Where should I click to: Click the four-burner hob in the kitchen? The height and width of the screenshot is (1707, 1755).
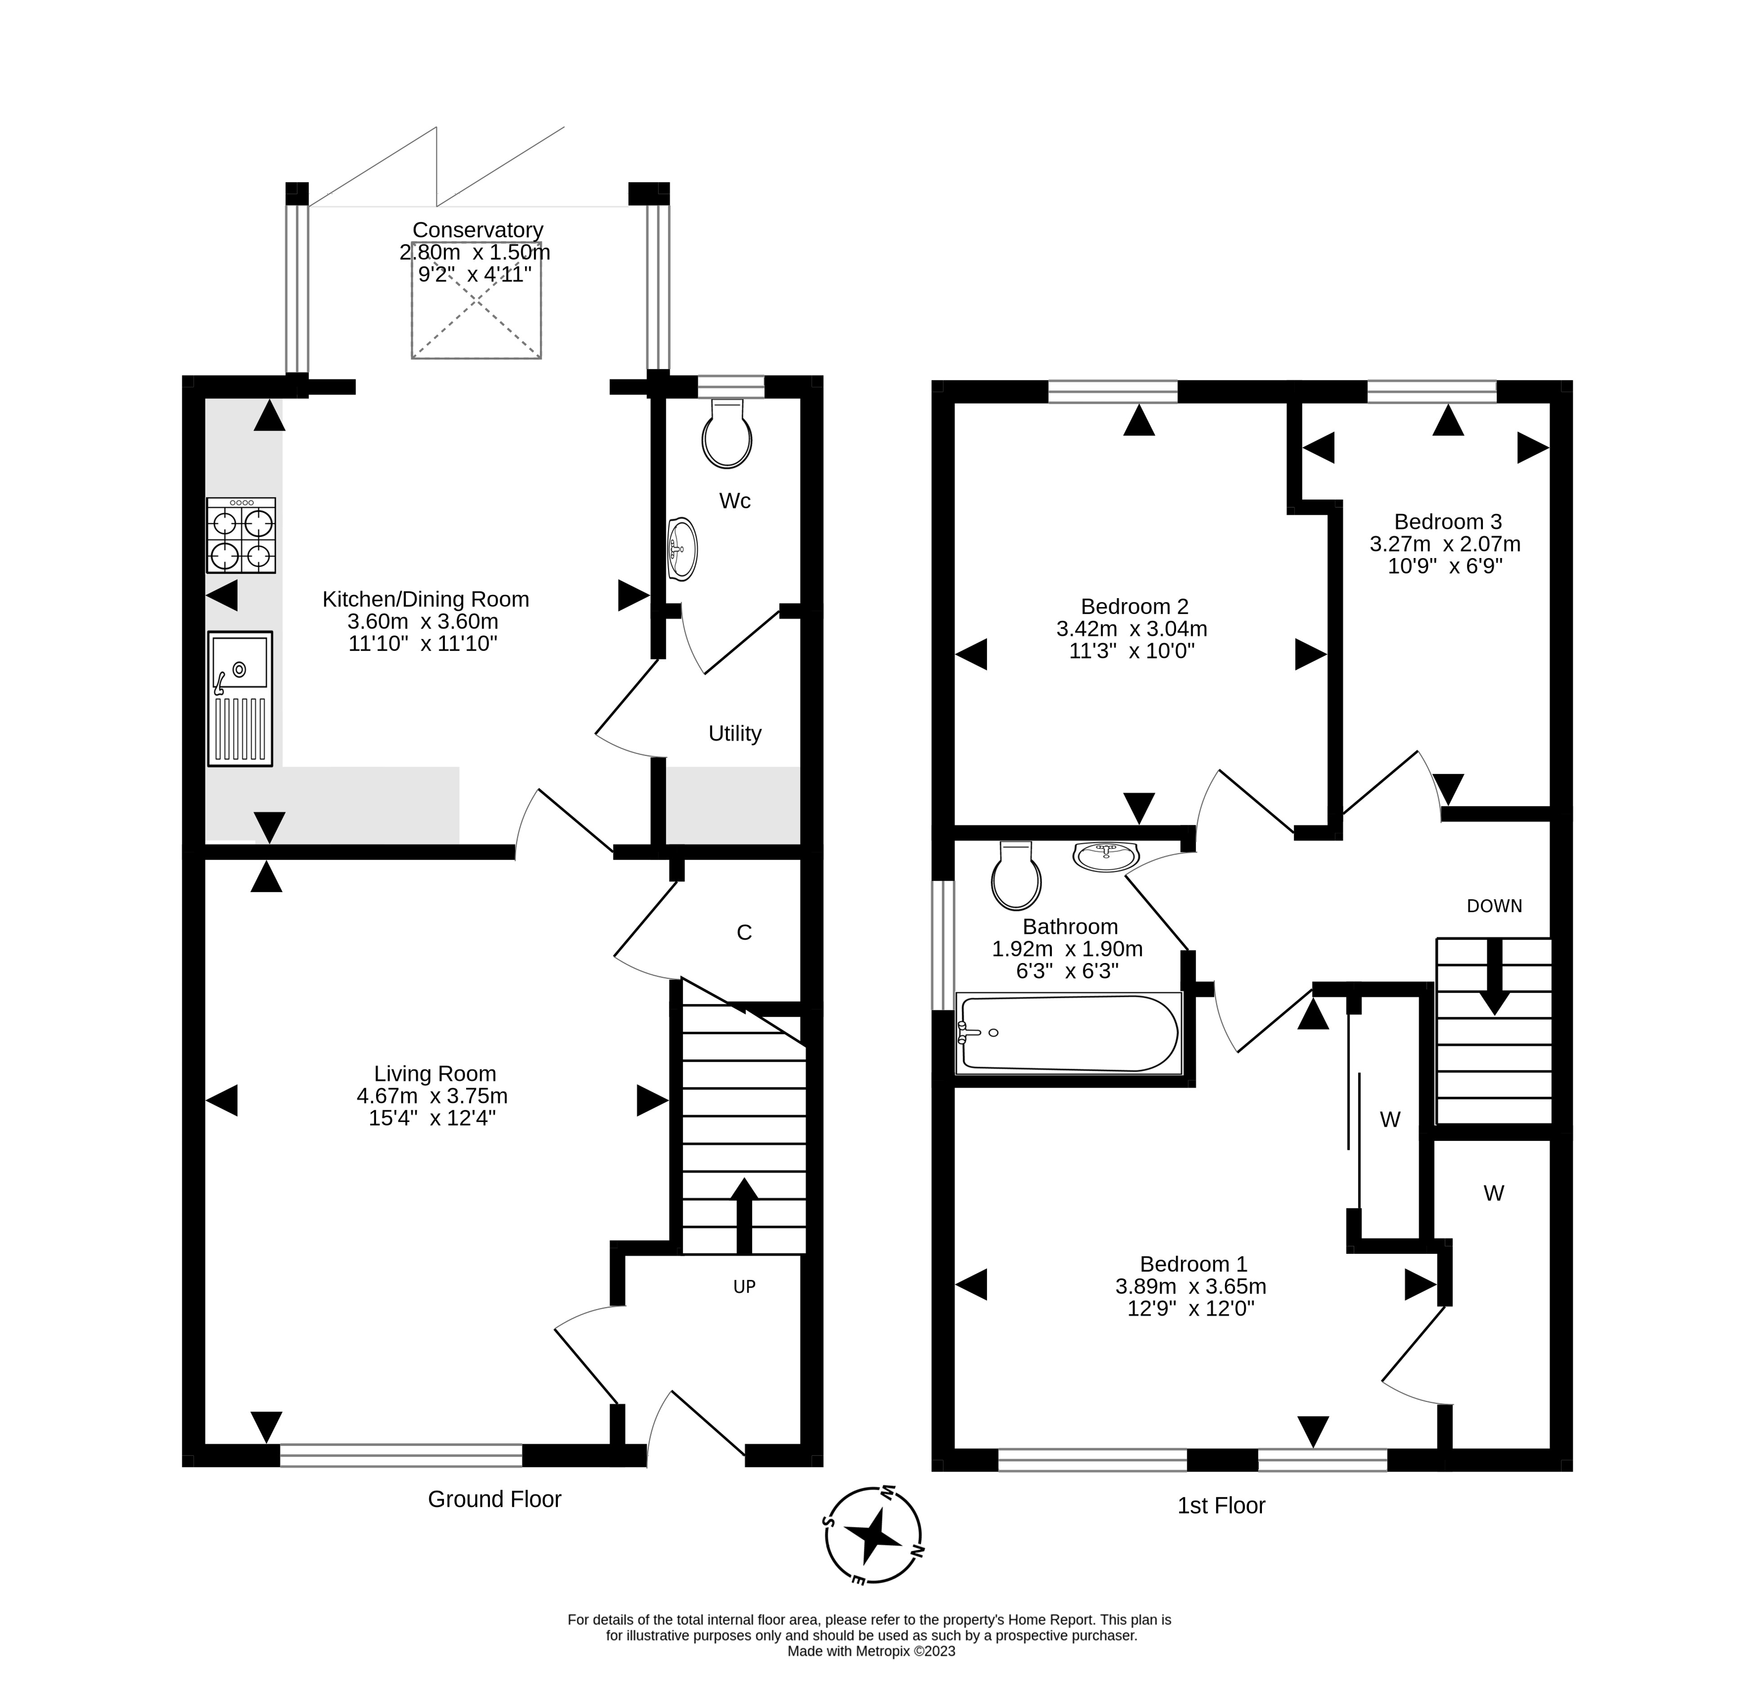pyautogui.click(x=241, y=535)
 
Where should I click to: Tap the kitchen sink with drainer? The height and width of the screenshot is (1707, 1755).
pyautogui.click(x=240, y=698)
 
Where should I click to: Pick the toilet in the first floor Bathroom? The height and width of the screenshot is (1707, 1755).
pyautogui.click(x=1016, y=876)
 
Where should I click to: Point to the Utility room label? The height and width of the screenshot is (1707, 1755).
pyautogui.click(x=735, y=734)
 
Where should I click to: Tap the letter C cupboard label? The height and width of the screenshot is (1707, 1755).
pyautogui.click(x=744, y=932)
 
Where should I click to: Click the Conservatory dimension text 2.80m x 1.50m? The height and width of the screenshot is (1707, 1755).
pyautogui.click(x=475, y=252)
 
